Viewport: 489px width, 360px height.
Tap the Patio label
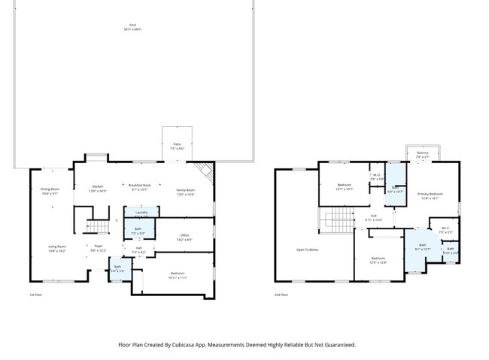pyautogui.click(x=177, y=146)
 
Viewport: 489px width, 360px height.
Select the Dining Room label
pyautogui.click(x=50, y=191)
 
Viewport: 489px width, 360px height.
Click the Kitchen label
pyautogui.click(x=98, y=189)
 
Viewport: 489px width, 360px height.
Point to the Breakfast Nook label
pyautogui.click(x=139, y=187)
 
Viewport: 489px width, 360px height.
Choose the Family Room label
pyautogui.click(x=185, y=192)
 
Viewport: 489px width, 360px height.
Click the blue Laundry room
pyautogui.click(x=141, y=213)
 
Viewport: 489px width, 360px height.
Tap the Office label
pyautogui.click(x=184, y=237)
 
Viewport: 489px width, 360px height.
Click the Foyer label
pyautogui.click(x=99, y=248)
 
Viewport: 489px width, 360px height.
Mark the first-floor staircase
pyautogui.click(x=99, y=225)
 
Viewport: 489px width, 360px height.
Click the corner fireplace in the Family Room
pyautogui.click(x=205, y=171)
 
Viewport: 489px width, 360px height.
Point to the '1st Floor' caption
pyautogui.click(x=35, y=295)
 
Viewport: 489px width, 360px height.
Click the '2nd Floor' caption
pyautogui.click(x=281, y=295)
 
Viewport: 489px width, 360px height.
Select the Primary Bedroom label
pyautogui.click(x=430, y=196)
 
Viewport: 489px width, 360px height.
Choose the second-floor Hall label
pyautogui.click(x=374, y=218)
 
